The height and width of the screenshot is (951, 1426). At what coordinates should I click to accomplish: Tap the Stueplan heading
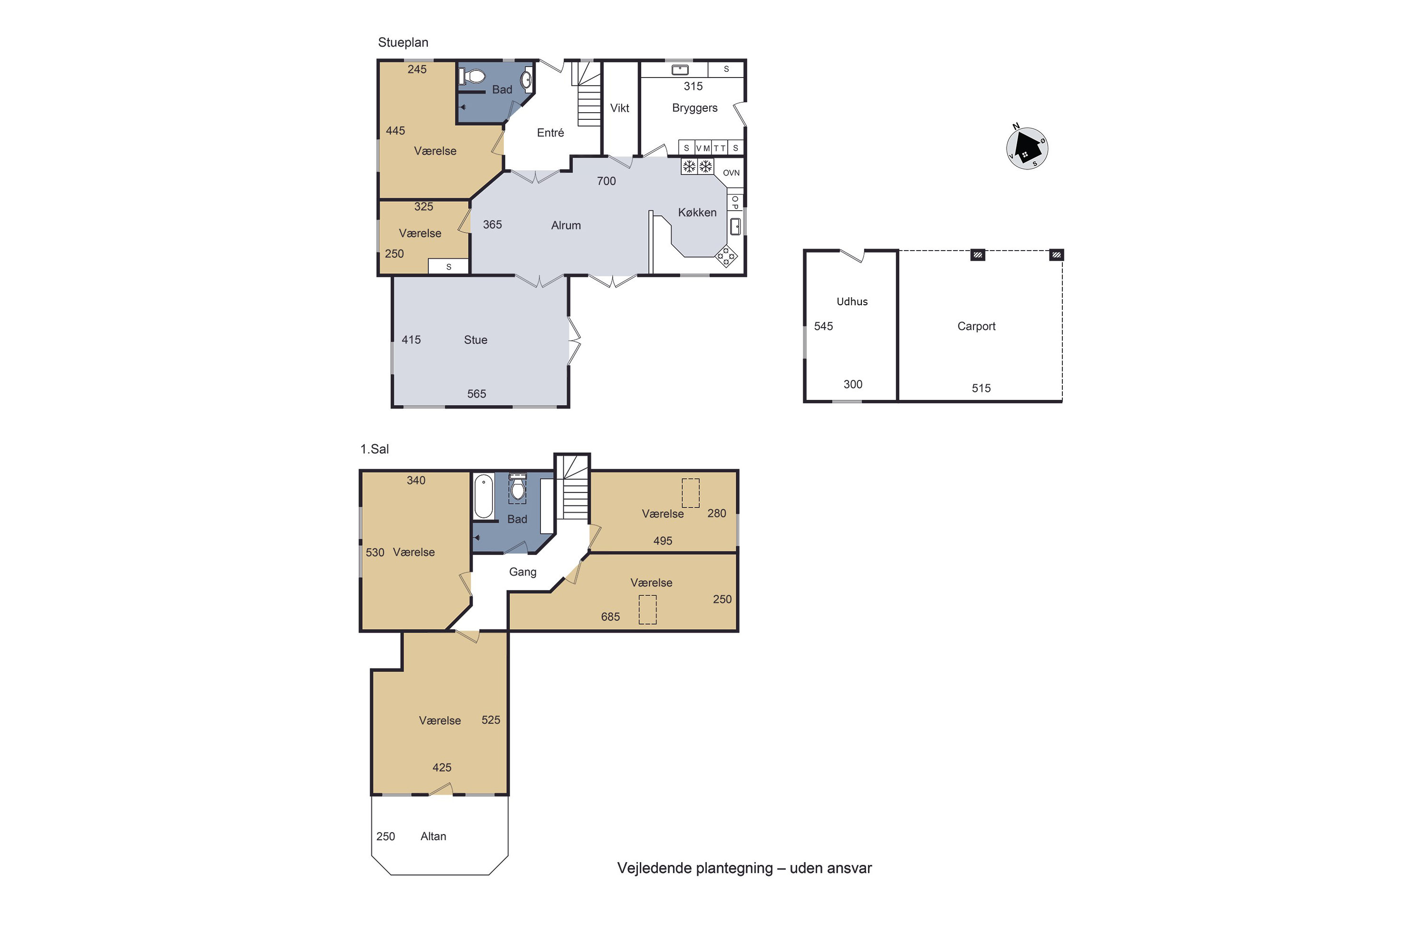[x=403, y=42]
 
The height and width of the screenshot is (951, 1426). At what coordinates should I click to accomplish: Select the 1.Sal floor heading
[x=375, y=449]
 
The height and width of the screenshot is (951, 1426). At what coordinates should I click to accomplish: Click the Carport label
[x=976, y=326]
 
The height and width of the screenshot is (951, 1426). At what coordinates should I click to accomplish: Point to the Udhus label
[x=852, y=301]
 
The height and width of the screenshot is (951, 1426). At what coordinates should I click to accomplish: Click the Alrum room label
[x=566, y=225]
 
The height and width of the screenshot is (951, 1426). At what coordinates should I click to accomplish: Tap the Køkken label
[x=697, y=212]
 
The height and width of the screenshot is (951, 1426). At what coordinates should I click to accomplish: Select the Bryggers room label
[x=695, y=108]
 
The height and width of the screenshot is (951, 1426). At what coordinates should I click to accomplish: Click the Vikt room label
[x=620, y=108]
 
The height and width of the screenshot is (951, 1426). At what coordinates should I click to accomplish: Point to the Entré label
[x=550, y=133]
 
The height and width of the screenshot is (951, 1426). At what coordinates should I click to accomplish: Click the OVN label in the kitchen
[x=731, y=173]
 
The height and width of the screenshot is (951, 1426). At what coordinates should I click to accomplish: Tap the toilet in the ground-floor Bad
[x=472, y=77]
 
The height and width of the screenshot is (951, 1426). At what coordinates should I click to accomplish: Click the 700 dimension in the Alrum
[x=607, y=181]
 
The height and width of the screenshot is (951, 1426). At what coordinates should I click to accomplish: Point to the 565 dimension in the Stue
[x=477, y=394]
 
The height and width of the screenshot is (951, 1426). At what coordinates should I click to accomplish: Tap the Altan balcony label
[x=433, y=836]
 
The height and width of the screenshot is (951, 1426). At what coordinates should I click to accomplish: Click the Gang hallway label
[x=522, y=572]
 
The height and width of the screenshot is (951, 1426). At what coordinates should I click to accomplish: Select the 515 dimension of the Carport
[x=981, y=388]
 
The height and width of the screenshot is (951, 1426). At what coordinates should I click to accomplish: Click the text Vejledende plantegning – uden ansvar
[x=744, y=868]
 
